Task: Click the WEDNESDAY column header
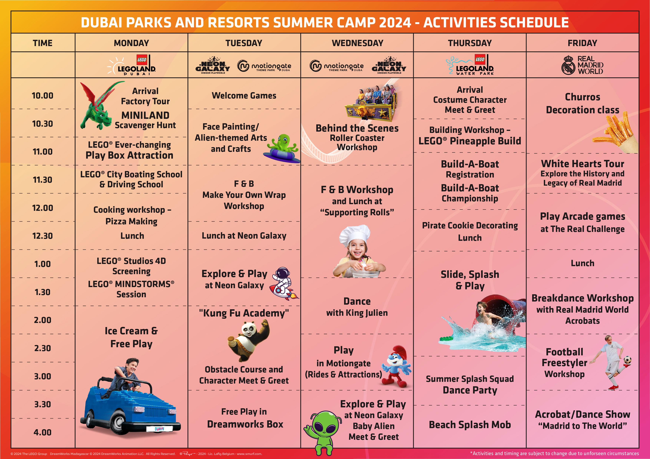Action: click(x=357, y=43)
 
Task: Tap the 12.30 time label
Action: click(x=42, y=236)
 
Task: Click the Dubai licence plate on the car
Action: click(x=159, y=429)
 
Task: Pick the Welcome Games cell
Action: click(x=244, y=96)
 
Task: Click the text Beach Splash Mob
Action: click(x=470, y=425)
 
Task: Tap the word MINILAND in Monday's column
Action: click(x=145, y=115)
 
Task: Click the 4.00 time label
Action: click(x=42, y=432)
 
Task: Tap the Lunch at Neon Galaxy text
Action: click(x=244, y=236)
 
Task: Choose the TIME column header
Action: click(x=42, y=43)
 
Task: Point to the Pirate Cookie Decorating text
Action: click(x=470, y=225)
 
